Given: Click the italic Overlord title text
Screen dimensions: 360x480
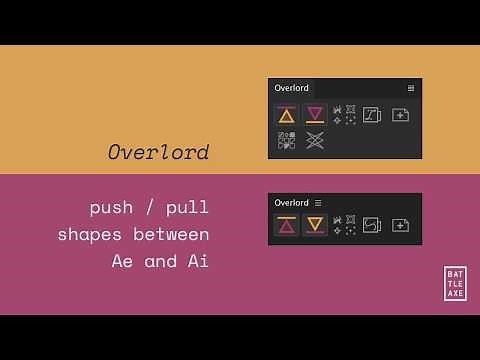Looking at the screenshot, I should pyautogui.click(x=159, y=152).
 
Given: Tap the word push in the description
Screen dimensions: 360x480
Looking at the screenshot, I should pyautogui.click(x=111, y=208).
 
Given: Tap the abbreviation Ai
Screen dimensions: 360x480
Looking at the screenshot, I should pyautogui.click(x=197, y=262).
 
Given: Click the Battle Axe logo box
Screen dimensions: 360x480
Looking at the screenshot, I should pyautogui.click(x=455, y=283).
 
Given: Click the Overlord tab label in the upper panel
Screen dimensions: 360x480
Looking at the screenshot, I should pyautogui.click(x=292, y=88).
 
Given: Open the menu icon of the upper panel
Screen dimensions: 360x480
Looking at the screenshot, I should pyautogui.click(x=411, y=88).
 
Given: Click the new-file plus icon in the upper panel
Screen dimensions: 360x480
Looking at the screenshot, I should pyautogui.click(x=400, y=115).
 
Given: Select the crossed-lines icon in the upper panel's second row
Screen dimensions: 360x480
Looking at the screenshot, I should pyautogui.click(x=315, y=140).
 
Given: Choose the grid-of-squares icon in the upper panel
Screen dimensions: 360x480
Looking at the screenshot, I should pyautogui.click(x=287, y=140).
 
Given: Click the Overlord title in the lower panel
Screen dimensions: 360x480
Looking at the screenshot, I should pyautogui.click(x=292, y=203).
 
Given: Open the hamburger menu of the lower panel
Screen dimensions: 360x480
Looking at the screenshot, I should pyautogui.click(x=318, y=203).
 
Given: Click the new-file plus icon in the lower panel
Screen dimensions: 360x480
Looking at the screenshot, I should pyautogui.click(x=400, y=225).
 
